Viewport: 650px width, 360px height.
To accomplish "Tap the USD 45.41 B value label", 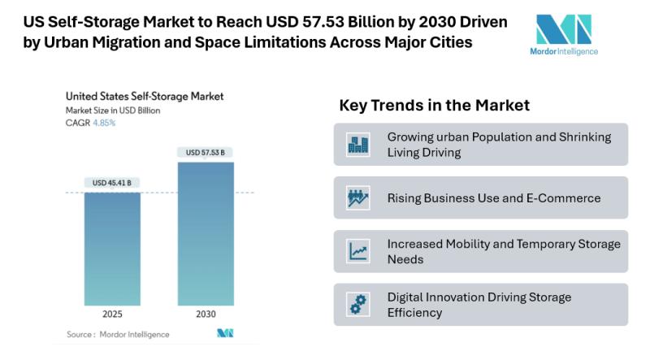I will (112, 183).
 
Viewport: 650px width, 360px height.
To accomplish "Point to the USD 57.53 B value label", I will (205, 152).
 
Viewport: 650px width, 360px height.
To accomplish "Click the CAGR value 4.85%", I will (105, 123).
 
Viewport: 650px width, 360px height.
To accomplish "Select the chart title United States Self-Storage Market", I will (145, 96).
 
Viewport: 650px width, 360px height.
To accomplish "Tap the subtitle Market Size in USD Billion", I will (113, 110).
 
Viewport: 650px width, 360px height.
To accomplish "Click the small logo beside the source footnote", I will (225, 333).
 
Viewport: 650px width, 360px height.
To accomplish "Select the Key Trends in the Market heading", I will (434, 106).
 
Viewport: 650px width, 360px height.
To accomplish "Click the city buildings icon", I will (357, 145).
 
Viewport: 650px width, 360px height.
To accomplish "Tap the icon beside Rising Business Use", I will (357, 197).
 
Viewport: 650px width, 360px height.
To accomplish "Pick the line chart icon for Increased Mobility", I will (357, 251).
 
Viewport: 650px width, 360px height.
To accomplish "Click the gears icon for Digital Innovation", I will (357, 304).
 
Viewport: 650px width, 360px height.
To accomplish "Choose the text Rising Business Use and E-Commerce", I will (493, 197).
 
